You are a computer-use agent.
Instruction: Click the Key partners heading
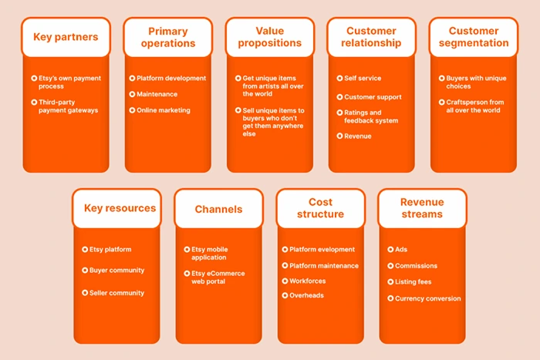coord(66,37)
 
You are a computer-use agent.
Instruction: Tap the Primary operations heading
coord(167,37)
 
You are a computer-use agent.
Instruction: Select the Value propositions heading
coord(269,37)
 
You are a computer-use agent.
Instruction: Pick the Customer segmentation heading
coord(474,37)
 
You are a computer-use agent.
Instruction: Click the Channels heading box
coord(218,209)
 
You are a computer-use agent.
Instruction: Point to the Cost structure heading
coord(320,208)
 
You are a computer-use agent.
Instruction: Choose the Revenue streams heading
coord(422,208)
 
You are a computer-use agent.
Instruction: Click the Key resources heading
coord(116,208)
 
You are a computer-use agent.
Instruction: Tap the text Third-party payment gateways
coord(68,106)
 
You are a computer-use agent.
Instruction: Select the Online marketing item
coord(164,110)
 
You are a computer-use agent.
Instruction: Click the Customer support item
coord(374,96)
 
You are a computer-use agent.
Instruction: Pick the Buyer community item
coord(116,271)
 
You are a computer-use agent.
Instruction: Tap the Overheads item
coord(306,296)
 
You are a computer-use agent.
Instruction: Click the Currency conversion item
coord(428,298)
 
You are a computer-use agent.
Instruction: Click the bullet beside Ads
coord(390,250)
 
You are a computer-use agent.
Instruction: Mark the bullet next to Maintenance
coord(132,94)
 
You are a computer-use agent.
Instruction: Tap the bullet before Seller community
coord(83,293)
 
